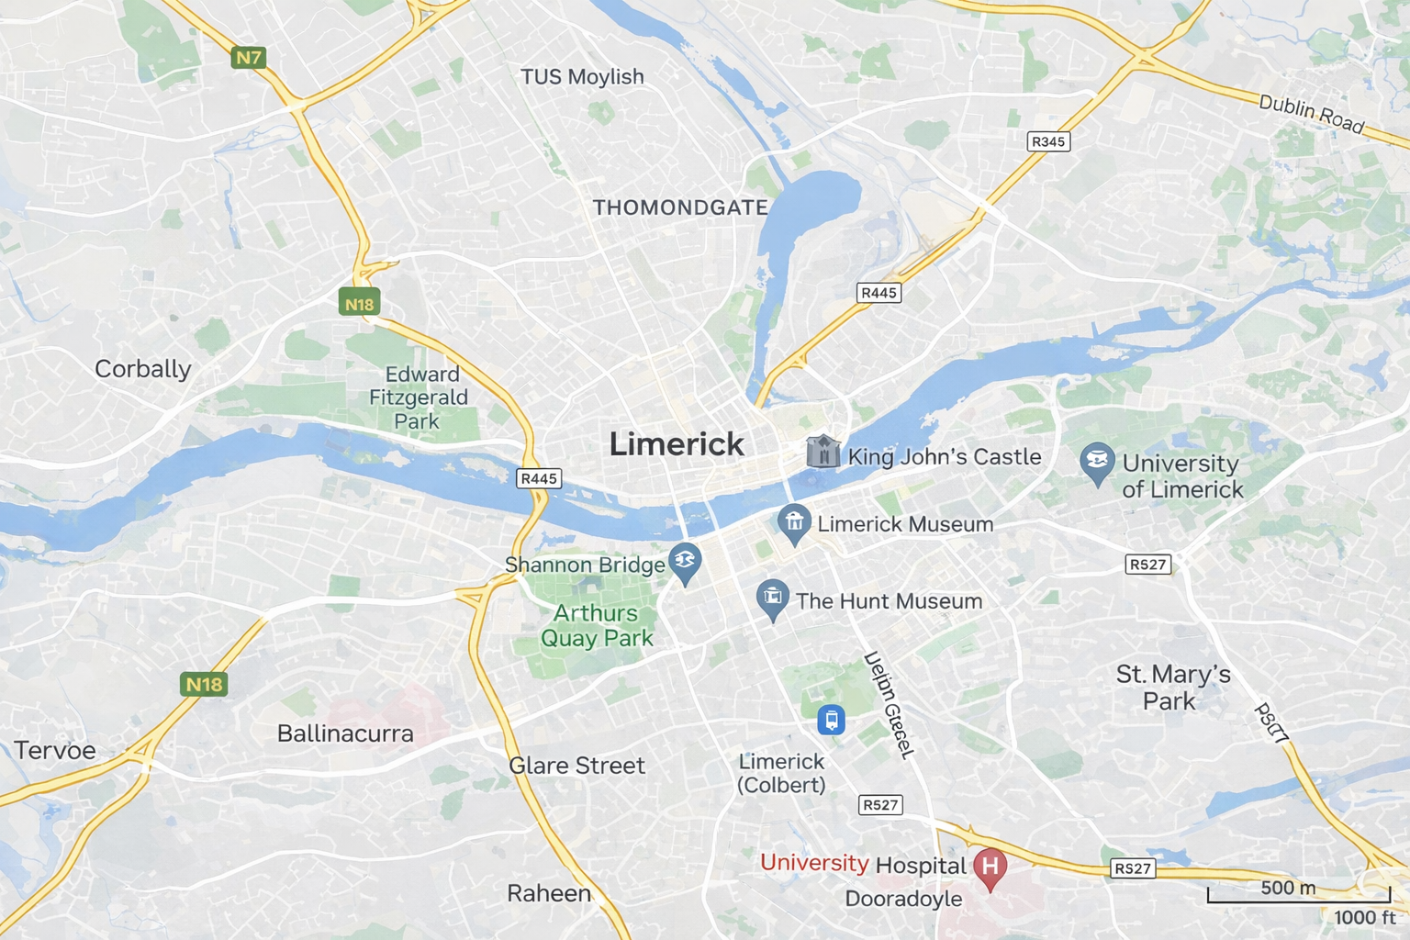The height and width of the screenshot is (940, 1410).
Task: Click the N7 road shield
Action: coord(249,58)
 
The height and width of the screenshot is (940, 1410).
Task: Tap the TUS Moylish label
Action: coord(582,76)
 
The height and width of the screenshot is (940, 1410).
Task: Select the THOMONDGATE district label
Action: coord(680,207)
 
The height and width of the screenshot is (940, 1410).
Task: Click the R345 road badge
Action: coord(1048,141)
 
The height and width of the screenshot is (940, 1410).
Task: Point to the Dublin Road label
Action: coord(1311,114)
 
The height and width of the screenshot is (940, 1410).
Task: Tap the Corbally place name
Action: coord(143,369)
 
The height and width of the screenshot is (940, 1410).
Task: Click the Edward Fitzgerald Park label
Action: coord(419,397)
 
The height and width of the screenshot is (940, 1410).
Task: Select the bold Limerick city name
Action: coord(677,444)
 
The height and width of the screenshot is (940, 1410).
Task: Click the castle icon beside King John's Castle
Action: coord(822,452)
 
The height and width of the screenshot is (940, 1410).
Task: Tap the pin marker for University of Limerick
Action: coord(1097,463)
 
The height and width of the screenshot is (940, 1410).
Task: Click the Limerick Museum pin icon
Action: coord(794,523)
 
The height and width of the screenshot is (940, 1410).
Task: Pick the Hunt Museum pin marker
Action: coord(773,599)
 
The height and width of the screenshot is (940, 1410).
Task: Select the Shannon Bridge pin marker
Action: coord(685,562)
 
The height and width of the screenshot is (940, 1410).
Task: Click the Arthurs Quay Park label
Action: coord(597,625)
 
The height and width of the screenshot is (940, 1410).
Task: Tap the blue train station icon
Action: coord(831,720)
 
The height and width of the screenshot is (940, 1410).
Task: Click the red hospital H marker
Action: coord(990,867)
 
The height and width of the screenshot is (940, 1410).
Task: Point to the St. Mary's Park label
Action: coord(1172,688)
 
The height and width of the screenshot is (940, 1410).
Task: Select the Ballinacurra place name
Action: coord(345,733)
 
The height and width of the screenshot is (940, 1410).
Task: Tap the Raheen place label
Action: coord(549,893)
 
